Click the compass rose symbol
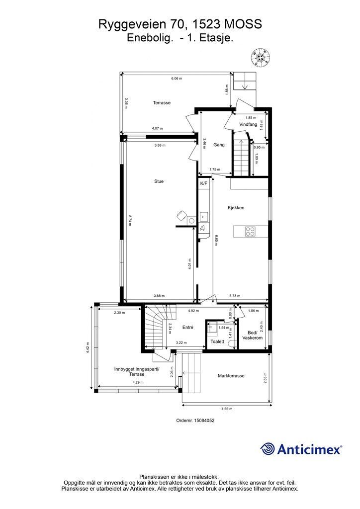click(261, 58)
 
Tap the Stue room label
click(159, 181)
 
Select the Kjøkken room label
click(236, 208)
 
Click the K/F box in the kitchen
click(203, 183)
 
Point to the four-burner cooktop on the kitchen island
click(250, 231)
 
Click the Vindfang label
click(248, 124)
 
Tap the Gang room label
click(219, 145)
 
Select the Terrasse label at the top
click(162, 102)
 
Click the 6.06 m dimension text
click(177, 78)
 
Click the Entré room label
click(187, 328)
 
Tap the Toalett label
click(217, 341)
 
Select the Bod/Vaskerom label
click(252, 335)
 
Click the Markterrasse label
click(231, 376)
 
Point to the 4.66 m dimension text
click(227, 409)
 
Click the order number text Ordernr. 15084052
click(195, 421)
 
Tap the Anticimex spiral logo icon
click(268, 449)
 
